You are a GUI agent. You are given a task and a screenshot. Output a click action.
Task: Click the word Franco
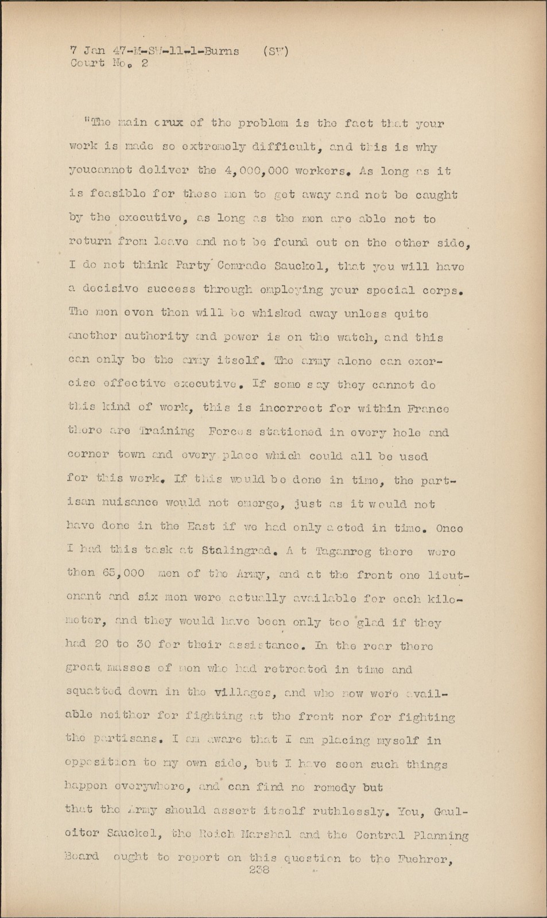428,409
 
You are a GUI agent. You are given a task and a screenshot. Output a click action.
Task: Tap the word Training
166,432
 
